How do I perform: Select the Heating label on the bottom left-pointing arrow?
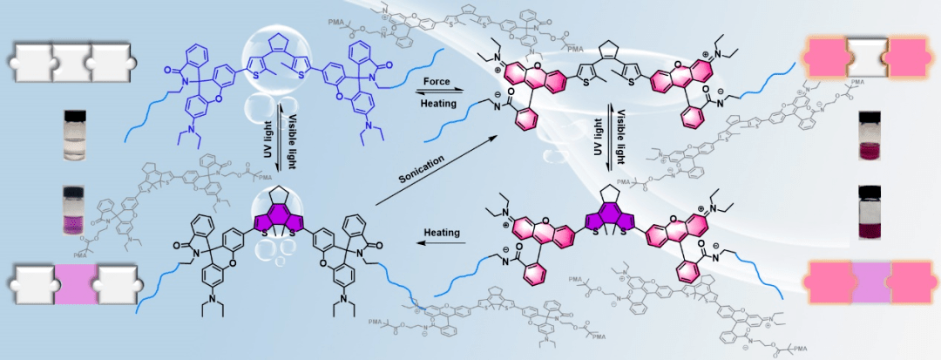(x=442, y=233)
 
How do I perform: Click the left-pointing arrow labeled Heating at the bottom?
(x=442, y=247)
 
